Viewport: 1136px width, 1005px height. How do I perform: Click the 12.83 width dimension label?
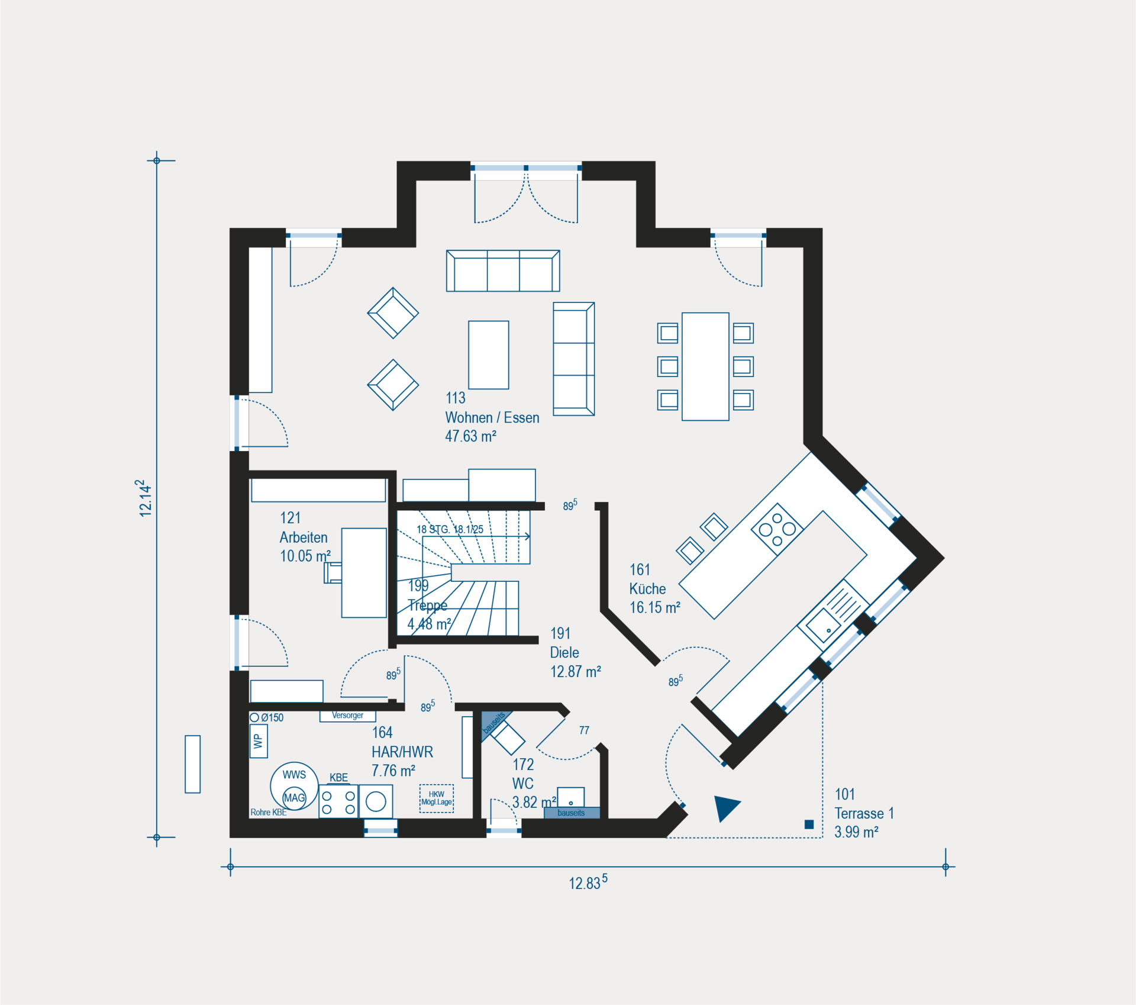pyautogui.click(x=588, y=882)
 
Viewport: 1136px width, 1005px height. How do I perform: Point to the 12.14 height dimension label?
pyautogui.click(x=144, y=498)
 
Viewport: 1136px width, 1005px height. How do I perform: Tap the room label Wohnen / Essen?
pyautogui.click(x=492, y=417)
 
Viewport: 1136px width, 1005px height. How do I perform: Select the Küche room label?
pyautogui.click(x=647, y=588)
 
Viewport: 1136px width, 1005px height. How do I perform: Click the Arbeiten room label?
pyautogui.click(x=304, y=537)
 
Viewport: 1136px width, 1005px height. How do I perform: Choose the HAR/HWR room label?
pyautogui.click(x=402, y=752)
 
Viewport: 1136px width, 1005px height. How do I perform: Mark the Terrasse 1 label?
pyautogui.click(x=864, y=813)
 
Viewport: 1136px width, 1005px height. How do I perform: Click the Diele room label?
pyautogui.click(x=564, y=652)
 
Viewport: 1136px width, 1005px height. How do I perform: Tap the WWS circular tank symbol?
pyautogui.click(x=295, y=786)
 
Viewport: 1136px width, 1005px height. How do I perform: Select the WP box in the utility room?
pyautogui.click(x=259, y=741)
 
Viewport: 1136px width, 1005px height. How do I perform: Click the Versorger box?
pyautogui.click(x=347, y=716)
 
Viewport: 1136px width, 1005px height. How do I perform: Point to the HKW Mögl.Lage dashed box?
pyautogui.click(x=437, y=798)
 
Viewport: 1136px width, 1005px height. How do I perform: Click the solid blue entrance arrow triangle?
pyautogui.click(x=726, y=807)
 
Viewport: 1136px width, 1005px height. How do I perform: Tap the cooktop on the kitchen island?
pyautogui.click(x=777, y=529)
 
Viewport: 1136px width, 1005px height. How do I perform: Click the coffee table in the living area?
pyautogui.click(x=489, y=355)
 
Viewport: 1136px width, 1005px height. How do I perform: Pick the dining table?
pyautogui.click(x=705, y=366)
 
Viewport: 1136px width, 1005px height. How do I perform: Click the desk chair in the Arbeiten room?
pyautogui.click(x=333, y=573)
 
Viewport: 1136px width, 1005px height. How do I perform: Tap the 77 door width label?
pyautogui.click(x=584, y=730)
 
